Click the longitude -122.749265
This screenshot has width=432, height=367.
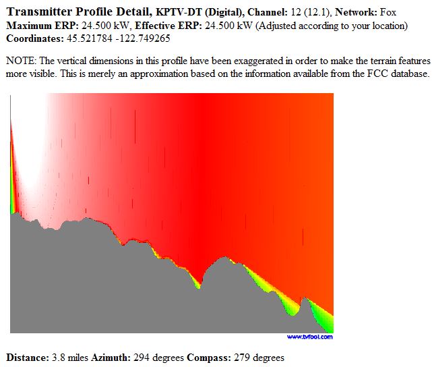(143, 38)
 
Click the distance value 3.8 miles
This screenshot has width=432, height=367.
(70, 358)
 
